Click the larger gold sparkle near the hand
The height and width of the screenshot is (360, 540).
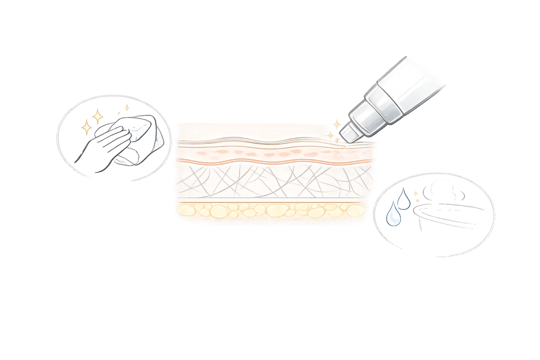pyautogui.click(x=98, y=116)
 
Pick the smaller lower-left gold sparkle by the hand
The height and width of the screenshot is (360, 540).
pyautogui.click(x=86, y=127)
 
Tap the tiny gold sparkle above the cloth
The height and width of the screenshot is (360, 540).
pyautogui.click(x=127, y=108)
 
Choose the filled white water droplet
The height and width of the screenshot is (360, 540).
pyautogui.click(x=392, y=216)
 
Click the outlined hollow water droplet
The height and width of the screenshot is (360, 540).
pyautogui.click(x=404, y=199)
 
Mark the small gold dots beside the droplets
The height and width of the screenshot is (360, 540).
pyautogui.click(x=416, y=197)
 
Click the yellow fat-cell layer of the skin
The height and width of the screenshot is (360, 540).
pyautogui.click(x=269, y=210)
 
